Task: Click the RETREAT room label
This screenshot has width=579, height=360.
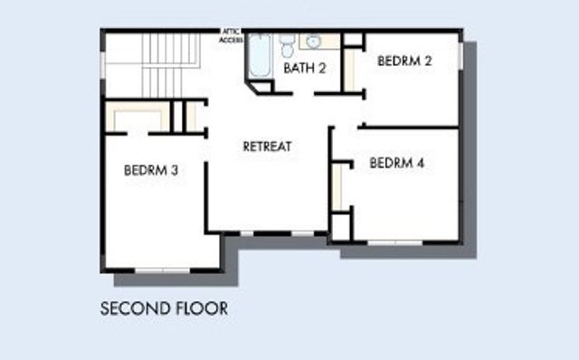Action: click(267, 147)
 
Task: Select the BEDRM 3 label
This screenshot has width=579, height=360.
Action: click(150, 169)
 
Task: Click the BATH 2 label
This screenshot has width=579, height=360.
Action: click(305, 68)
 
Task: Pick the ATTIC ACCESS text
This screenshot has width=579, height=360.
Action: click(231, 36)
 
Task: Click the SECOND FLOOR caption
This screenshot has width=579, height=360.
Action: click(163, 308)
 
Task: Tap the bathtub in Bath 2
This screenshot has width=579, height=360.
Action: click(259, 57)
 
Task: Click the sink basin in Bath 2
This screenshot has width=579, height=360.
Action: click(314, 41)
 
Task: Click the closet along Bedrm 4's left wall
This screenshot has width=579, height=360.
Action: click(337, 185)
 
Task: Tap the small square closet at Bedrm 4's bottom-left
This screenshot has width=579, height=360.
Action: click(340, 226)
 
